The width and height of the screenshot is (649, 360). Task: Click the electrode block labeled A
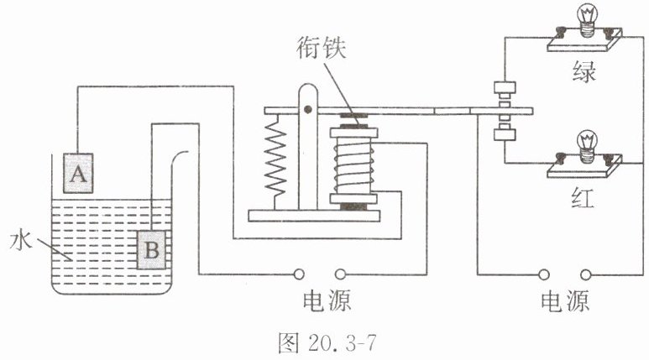pyautogui.click(x=78, y=173)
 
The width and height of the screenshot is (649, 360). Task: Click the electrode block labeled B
pyautogui.click(x=151, y=250)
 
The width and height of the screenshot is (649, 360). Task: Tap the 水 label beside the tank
pyautogui.click(x=21, y=240)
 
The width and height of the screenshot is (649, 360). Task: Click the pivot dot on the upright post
pyautogui.click(x=307, y=109)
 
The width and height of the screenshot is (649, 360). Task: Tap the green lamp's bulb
pyautogui.click(x=587, y=19)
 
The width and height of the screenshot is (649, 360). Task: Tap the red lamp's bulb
pyautogui.click(x=587, y=146)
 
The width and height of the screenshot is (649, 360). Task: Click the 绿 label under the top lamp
pyautogui.click(x=584, y=71)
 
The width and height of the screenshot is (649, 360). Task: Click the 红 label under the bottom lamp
pyautogui.click(x=583, y=198)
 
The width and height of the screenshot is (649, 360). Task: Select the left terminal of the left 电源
pyautogui.click(x=298, y=274)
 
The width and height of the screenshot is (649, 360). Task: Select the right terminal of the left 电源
pyautogui.click(x=340, y=274)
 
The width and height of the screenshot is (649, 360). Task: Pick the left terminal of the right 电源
pyautogui.click(x=544, y=274)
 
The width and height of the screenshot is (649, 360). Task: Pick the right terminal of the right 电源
pyautogui.click(x=586, y=274)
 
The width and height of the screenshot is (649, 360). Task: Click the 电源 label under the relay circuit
pyautogui.click(x=327, y=300)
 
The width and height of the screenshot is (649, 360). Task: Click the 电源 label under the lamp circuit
pyautogui.click(x=565, y=300)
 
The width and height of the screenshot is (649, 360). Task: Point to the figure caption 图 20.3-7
pyautogui.click(x=327, y=342)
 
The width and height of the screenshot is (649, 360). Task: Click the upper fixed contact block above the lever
pyautogui.click(x=505, y=87)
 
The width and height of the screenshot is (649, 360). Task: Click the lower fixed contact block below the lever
pyautogui.click(x=505, y=135)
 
